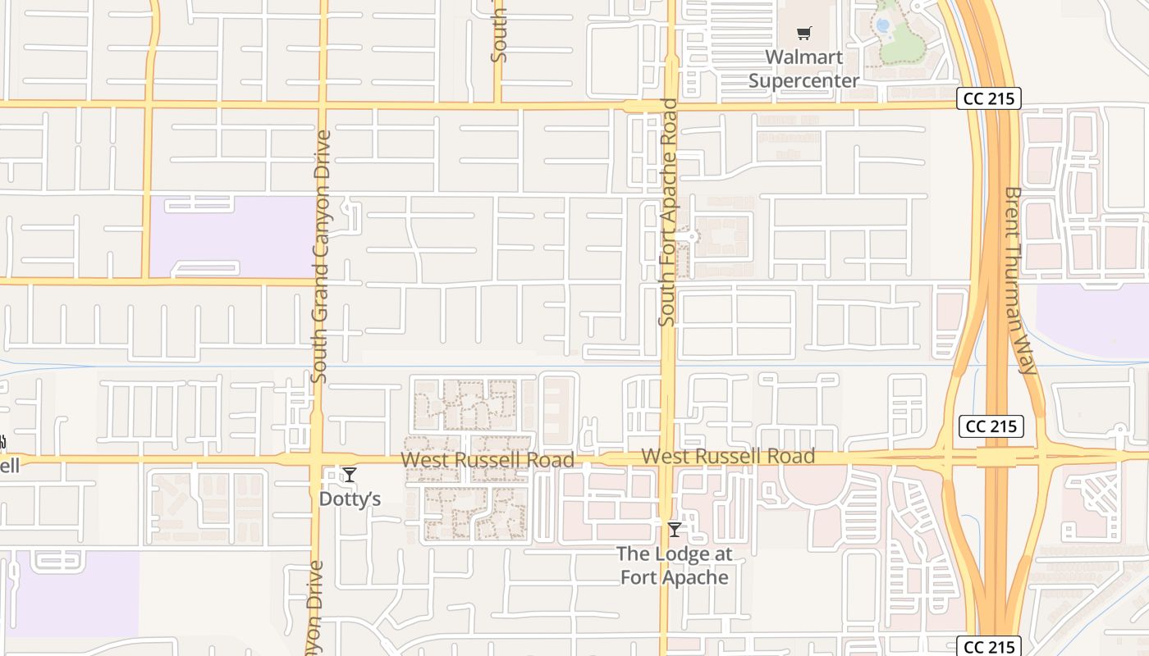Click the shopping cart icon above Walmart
(x=803, y=34)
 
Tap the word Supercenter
(x=803, y=80)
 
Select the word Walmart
(x=803, y=57)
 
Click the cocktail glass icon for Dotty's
(x=350, y=475)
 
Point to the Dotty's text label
(x=350, y=499)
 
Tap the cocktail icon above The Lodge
(x=675, y=530)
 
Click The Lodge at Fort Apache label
(x=675, y=566)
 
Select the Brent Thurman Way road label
(x=1021, y=280)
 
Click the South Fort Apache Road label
(x=668, y=213)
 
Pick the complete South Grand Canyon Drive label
(x=321, y=256)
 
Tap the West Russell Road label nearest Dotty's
(x=487, y=460)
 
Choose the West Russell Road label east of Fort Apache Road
(x=727, y=456)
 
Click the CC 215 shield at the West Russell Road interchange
(x=991, y=426)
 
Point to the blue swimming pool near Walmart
(x=883, y=25)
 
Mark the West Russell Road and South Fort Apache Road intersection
(x=668, y=458)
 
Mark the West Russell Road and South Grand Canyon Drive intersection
(x=317, y=459)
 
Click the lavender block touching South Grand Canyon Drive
(x=231, y=236)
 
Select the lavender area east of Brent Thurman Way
(x=1092, y=320)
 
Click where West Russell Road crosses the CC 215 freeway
(x=996, y=457)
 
